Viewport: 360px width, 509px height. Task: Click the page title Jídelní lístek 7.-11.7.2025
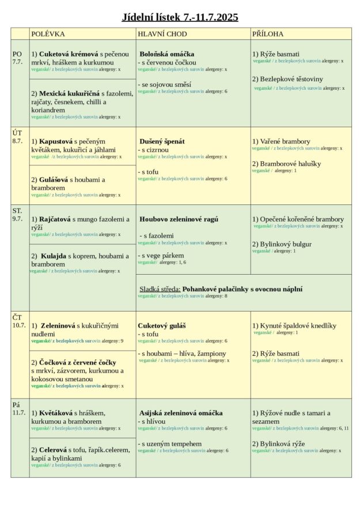pos(180,17)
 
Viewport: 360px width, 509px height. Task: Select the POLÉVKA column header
pos(48,34)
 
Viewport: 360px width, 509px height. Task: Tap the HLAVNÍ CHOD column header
pos(162,34)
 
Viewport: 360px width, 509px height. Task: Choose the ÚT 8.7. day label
pos(18,136)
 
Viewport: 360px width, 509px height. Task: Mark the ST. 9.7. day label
pos(18,215)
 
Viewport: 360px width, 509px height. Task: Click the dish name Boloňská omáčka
pos(167,54)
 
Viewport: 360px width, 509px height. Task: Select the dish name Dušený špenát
pos(162,141)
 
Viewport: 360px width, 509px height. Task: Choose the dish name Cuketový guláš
pos(162,326)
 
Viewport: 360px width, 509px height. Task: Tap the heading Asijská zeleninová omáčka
pos(181,413)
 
